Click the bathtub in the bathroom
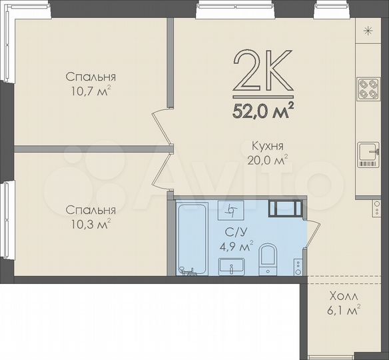(x=193, y=238)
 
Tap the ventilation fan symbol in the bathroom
(x=232, y=209)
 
